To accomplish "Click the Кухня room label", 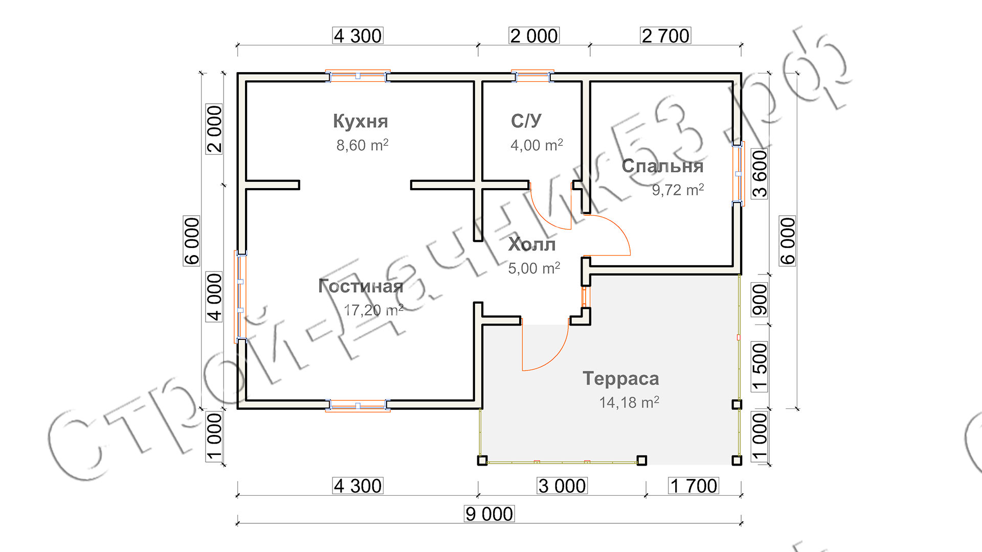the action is (361, 121).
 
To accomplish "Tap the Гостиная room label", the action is (361, 286).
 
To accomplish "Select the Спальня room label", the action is (662, 166).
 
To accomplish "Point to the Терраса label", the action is (621, 379).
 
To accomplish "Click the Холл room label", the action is (532, 245).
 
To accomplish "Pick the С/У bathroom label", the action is (526, 121).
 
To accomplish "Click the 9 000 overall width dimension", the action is (489, 514).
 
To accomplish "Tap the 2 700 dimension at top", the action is (665, 36).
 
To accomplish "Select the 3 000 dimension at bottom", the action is (562, 486).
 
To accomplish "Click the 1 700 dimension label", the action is (694, 486).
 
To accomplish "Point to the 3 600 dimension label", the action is (760, 174).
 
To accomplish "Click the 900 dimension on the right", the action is (760, 300).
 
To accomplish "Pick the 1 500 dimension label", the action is (760, 366).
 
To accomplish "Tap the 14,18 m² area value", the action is (629, 402).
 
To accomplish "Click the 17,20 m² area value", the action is (373, 310).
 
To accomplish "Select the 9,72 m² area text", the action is (678, 190).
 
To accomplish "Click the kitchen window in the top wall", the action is (358, 76).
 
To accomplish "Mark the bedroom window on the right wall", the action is (738, 174).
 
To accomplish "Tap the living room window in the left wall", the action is (240, 296).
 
